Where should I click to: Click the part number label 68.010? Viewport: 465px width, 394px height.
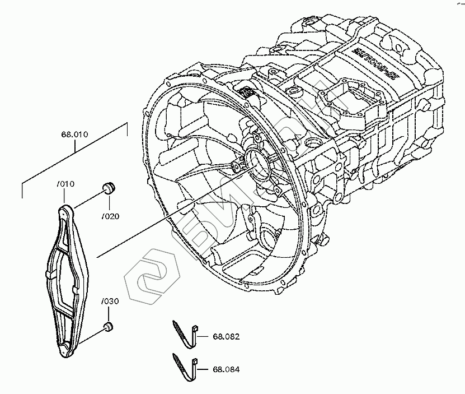coord(75,135)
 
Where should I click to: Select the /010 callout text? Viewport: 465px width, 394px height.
coord(65,184)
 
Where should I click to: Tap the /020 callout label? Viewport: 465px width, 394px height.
coord(111,216)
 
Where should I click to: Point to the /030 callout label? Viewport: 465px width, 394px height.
coord(110,302)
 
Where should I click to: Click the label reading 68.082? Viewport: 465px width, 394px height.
coord(226,337)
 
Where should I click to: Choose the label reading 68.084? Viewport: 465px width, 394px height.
coord(226,369)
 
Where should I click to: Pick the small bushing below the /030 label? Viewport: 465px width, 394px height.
coord(109,326)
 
